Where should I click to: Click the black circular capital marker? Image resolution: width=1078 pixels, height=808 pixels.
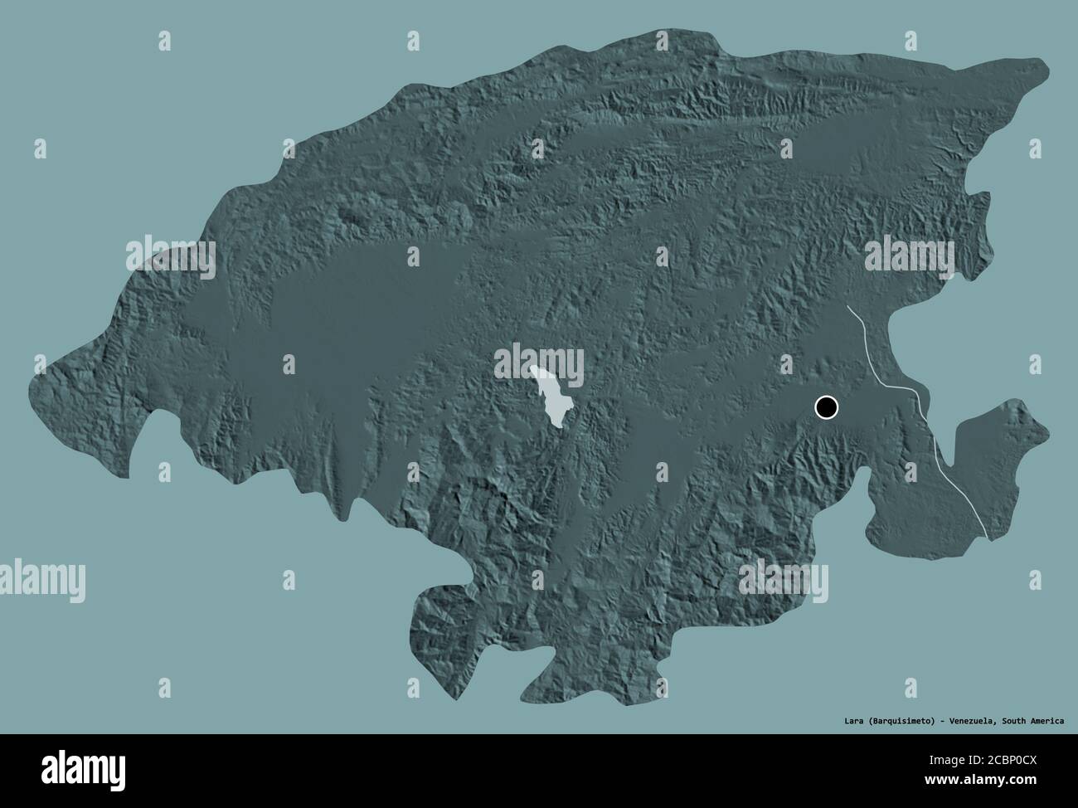(827, 407)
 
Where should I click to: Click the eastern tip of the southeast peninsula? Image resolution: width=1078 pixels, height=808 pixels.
(1046, 431)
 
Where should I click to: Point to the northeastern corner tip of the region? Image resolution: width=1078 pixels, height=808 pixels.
(1046, 63)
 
